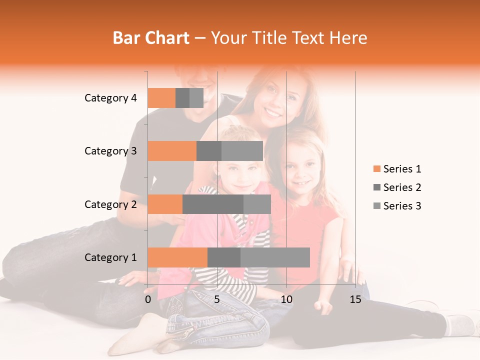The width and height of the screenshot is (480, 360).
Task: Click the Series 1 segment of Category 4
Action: click(161, 98)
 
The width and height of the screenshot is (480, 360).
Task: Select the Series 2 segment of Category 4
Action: click(182, 98)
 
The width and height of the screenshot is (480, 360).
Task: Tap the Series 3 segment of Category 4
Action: click(196, 98)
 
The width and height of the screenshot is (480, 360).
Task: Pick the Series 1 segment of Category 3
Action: click(172, 151)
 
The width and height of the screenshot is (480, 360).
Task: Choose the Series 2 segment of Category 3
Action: click(209, 151)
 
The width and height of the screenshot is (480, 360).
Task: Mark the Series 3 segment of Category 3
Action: click(242, 151)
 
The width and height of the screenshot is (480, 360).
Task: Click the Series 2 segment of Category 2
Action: click(213, 204)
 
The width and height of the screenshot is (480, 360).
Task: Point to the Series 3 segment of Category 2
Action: click(257, 204)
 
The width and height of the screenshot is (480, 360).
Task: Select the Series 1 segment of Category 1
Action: click(177, 257)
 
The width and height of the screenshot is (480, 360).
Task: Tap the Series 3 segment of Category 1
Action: click(275, 257)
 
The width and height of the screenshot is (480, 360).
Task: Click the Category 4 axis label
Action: click(110, 98)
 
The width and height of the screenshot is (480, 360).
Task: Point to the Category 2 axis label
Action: click(110, 204)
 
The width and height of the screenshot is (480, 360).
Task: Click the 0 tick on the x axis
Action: click(148, 299)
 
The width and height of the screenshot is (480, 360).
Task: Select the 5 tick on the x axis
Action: click(217, 299)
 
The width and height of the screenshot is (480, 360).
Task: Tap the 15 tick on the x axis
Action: click(355, 299)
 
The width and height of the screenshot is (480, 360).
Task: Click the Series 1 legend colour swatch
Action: click(376, 169)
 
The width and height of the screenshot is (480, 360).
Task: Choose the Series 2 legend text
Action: click(402, 187)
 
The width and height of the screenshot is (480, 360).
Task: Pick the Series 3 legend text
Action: click(402, 206)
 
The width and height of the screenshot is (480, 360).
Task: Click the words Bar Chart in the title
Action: click(151, 38)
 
